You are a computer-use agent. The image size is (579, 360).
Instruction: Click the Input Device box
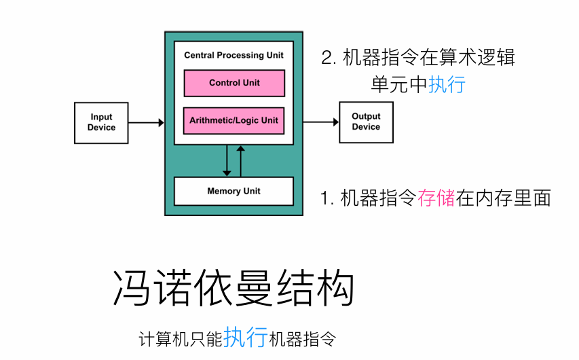coord(100,123)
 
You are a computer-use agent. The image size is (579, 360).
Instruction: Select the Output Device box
coord(366,122)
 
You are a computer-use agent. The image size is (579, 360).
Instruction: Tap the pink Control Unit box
coord(234,83)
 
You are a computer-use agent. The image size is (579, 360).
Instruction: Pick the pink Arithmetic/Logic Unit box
coord(234,120)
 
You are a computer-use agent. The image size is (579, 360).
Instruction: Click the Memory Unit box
coord(234,191)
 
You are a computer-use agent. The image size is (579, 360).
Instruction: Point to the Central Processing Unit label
coord(234,55)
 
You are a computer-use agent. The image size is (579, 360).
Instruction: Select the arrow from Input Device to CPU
coord(146,123)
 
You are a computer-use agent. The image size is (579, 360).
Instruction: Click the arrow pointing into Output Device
coord(321,122)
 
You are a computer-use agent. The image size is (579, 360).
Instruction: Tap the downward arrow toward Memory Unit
coord(227,161)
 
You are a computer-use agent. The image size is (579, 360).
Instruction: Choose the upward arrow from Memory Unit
coord(239,161)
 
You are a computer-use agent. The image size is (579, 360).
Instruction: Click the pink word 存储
coord(436,198)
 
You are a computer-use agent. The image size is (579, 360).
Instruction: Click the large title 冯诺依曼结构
coord(233,289)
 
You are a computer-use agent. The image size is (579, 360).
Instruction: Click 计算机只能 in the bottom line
coord(181,338)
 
